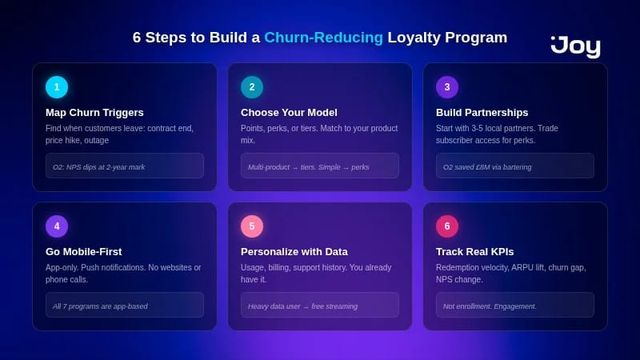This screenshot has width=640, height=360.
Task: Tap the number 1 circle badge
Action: [57, 87]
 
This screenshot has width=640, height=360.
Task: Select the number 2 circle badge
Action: [252, 87]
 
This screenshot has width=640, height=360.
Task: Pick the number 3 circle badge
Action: [448, 87]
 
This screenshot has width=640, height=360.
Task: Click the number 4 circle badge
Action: [57, 226]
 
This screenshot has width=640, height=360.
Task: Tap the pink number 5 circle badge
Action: [252, 226]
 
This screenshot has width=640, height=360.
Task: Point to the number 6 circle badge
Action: [448, 226]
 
